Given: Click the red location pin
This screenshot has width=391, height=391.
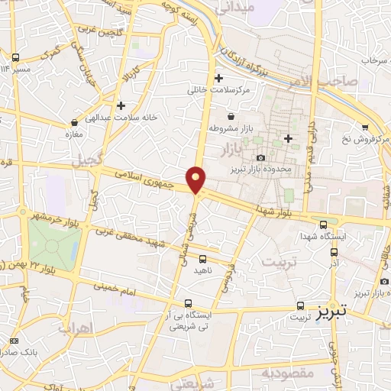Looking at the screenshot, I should (196, 179).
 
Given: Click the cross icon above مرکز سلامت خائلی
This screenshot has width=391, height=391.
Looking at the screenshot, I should (219, 78).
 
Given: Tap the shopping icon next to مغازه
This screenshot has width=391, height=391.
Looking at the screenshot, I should (74, 121).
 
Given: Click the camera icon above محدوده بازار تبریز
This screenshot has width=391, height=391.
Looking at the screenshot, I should (260, 136).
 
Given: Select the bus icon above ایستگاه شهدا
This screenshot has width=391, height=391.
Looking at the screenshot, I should (324, 225).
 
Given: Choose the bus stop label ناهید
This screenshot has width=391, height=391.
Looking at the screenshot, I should (202, 270).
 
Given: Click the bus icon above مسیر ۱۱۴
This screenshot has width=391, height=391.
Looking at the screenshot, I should (15, 58).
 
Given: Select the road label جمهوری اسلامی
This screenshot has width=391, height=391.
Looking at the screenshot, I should (153, 179).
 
